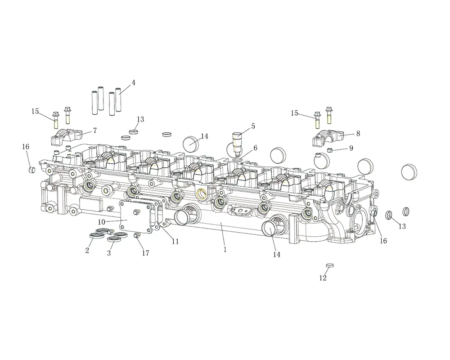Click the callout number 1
click(225, 249)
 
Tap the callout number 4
click(133, 83)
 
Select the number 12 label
click(323, 278)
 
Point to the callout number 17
click(145, 253)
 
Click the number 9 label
click(351, 148)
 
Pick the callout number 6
click(255, 148)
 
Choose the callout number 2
click(87, 250)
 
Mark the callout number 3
click(109, 253)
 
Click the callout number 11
click(175, 242)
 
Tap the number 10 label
click(102, 222)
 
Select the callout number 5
click(253, 126)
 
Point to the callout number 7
click(94, 130)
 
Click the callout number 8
click(358, 134)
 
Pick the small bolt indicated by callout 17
click(137, 235)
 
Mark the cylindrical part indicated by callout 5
click(237, 143)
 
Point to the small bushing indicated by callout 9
click(330, 150)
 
